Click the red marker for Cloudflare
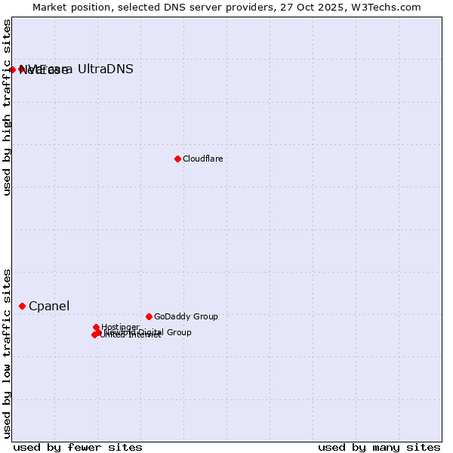(x=177, y=159)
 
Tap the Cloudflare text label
(x=202, y=159)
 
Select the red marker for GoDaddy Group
(x=149, y=316)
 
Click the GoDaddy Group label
(x=186, y=316)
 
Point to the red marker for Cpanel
(x=22, y=306)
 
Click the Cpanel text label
(x=49, y=306)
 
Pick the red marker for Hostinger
(x=96, y=328)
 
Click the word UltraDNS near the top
(x=106, y=69)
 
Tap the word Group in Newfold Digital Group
(x=179, y=332)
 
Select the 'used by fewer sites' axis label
(x=78, y=447)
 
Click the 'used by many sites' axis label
(x=379, y=447)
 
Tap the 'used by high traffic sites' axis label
(x=8, y=107)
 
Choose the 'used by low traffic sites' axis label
(x=8, y=353)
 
